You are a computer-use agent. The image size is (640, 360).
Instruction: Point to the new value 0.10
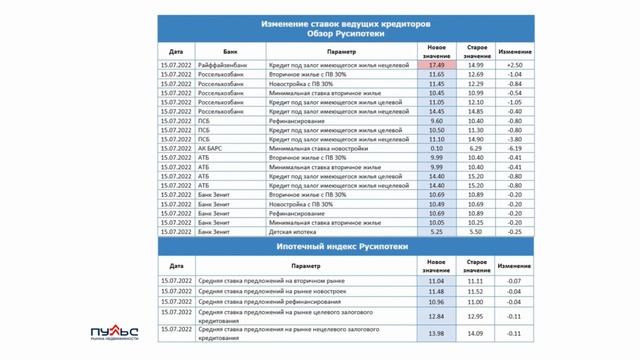point(436,147)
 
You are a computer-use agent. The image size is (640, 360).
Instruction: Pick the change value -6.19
point(515,147)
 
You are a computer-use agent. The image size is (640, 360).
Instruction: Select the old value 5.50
point(477,231)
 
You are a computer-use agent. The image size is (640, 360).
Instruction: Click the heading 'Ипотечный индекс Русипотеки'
point(344,246)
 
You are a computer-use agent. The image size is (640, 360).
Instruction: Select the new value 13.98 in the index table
point(436,333)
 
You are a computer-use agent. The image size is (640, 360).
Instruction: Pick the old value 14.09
point(477,333)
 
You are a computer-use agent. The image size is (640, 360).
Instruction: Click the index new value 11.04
point(436,283)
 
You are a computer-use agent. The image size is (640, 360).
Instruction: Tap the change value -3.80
point(515,139)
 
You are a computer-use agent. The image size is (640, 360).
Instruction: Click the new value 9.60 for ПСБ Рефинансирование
point(436,120)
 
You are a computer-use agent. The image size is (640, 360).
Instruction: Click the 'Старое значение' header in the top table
point(477,49)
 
